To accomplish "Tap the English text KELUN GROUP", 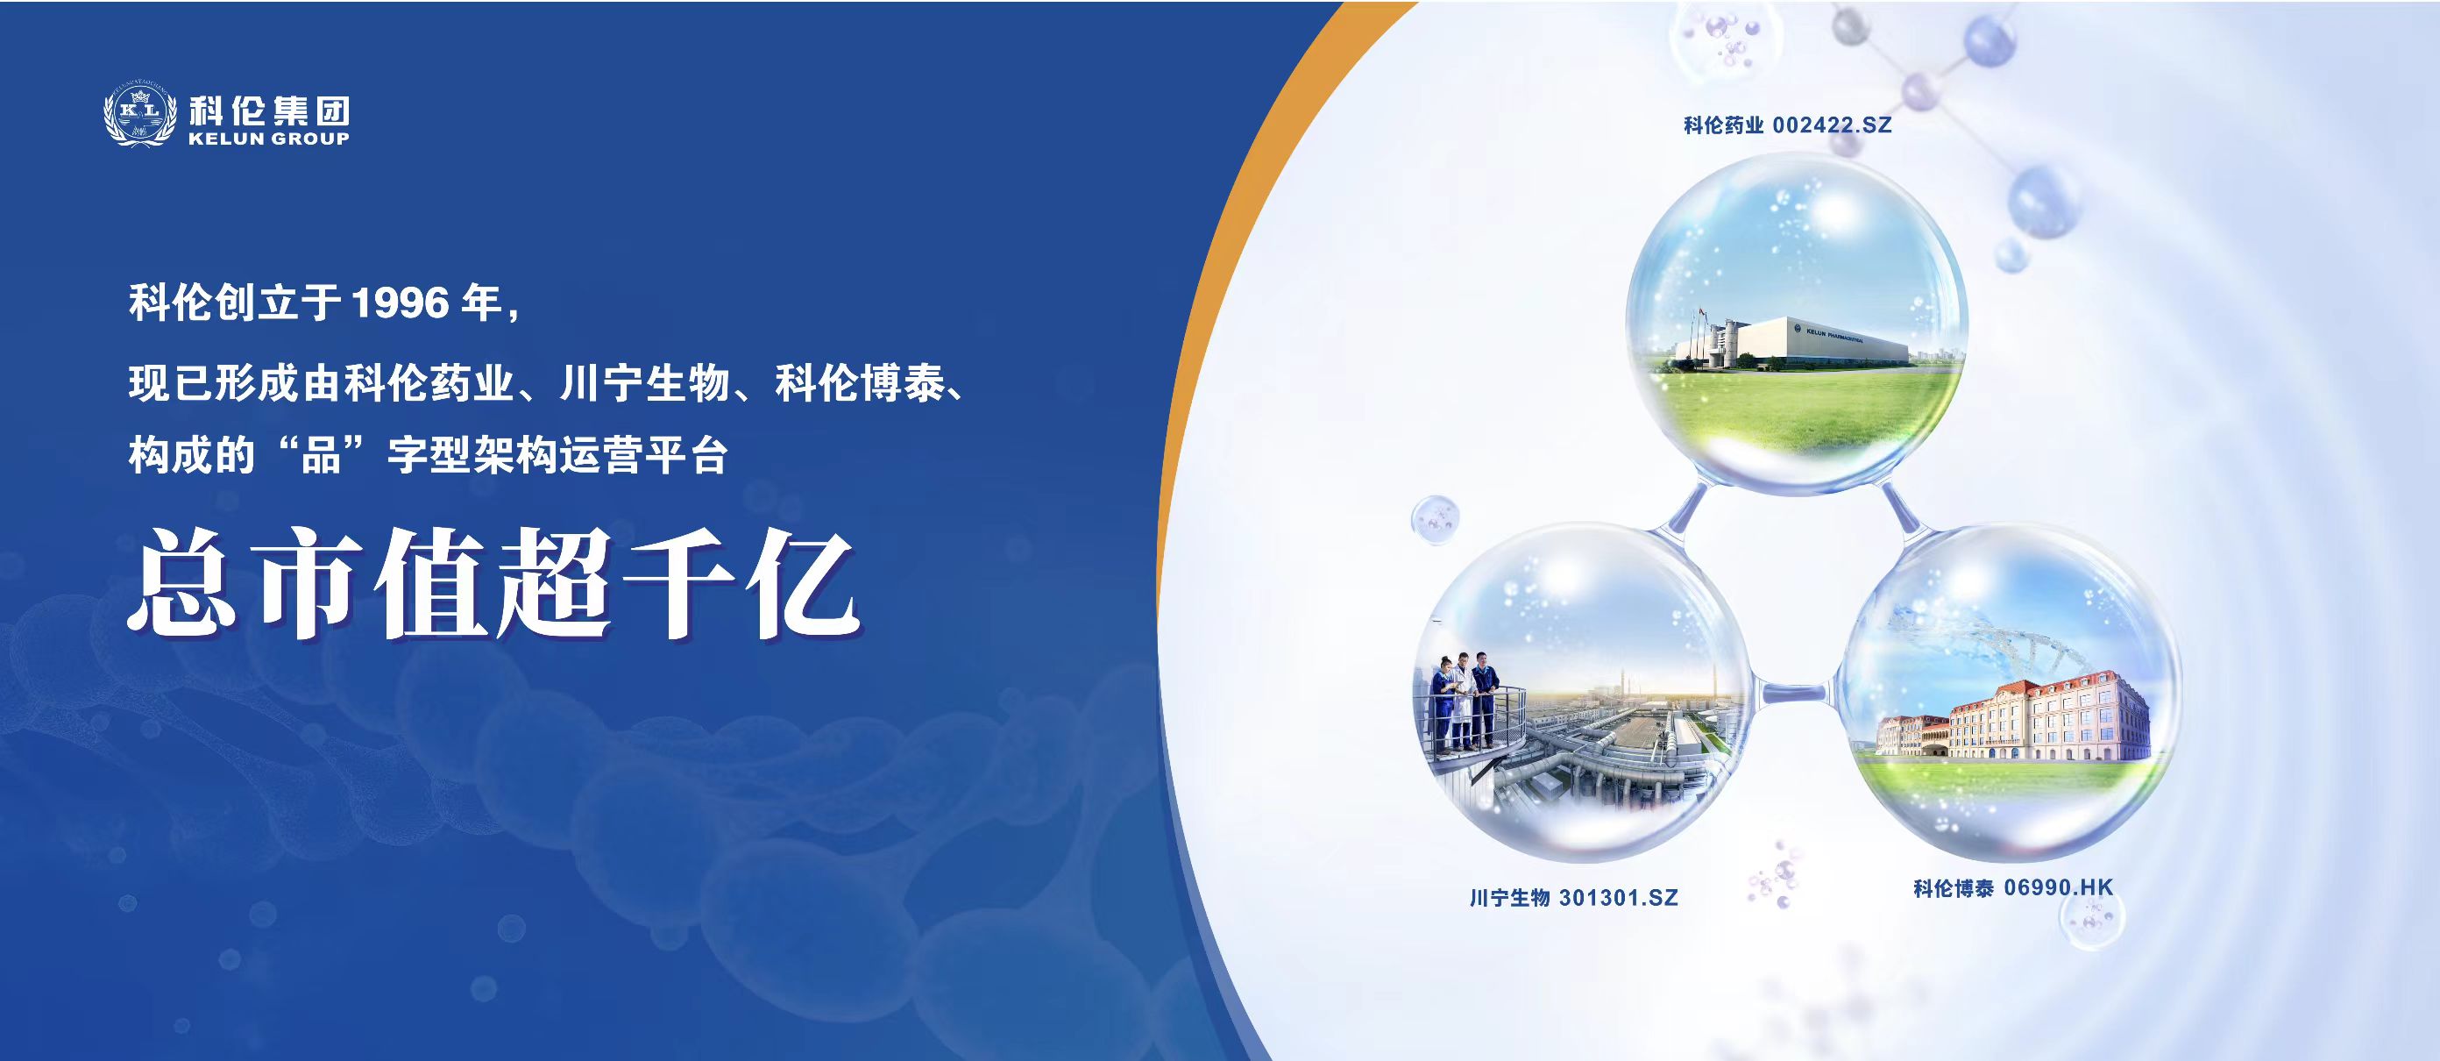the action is point(269,139).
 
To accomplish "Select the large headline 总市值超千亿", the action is point(493,582).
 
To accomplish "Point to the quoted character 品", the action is point(321,456).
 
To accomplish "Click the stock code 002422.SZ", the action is point(1832,125).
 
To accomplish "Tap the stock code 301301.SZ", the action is point(1618,897).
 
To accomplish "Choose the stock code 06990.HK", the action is point(2058,887).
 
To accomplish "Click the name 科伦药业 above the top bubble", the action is point(1724,125).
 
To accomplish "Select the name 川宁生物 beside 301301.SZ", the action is point(1510,897).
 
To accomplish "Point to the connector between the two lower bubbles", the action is point(1794,694).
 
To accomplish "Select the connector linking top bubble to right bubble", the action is point(1900,512).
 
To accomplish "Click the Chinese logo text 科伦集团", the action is point(269,110).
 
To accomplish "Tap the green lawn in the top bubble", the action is point(1799,412).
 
